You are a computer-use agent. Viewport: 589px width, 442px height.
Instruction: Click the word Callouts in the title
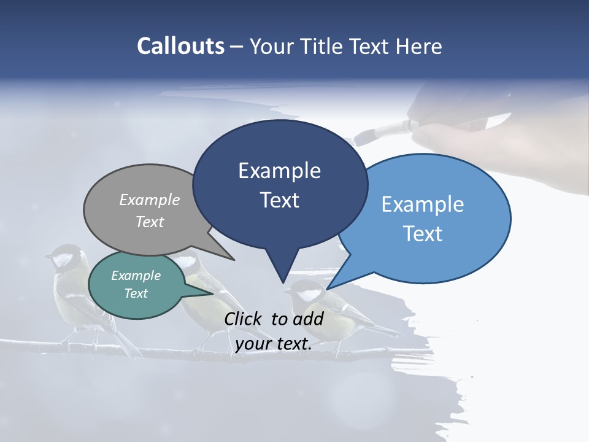[x=180, y=46]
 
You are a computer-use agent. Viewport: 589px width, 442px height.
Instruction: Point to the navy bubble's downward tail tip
[x=283, y=282]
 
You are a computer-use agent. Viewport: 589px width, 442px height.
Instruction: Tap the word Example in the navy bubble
[x=279, y=171]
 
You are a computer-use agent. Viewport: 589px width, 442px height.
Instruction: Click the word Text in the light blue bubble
[x=423, y=234]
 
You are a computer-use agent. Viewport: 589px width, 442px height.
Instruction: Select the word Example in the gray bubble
[x=149, y=200]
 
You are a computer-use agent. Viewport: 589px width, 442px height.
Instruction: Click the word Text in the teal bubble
[x=136, y=293]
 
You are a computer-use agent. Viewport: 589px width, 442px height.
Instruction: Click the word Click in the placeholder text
[x=245, y=319]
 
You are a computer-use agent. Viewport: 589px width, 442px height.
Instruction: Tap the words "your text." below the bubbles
[x=273, y=344]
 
